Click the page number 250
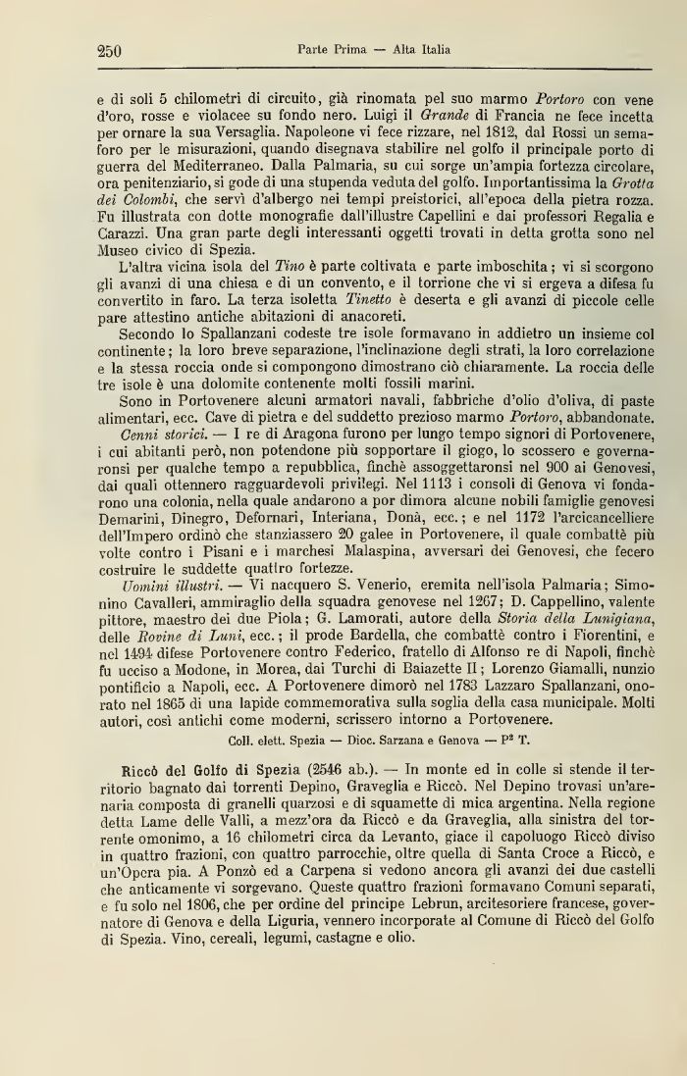coord(109,51)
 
